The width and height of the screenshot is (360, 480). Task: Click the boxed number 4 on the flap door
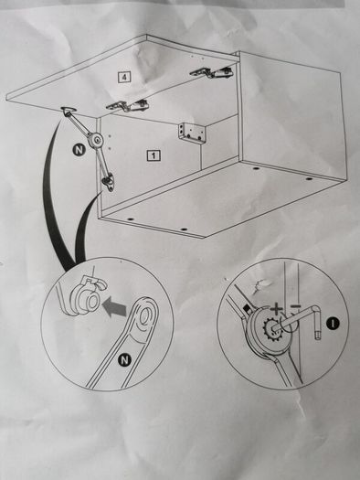click(x=124, y=77)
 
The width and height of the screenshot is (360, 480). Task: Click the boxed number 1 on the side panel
click(x=154, y=155)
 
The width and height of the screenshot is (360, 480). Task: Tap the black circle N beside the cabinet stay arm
click(x=79, y=150)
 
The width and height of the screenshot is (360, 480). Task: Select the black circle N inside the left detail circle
click(x=124, y=360)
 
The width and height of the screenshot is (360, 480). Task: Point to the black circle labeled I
click(x=333, y=324)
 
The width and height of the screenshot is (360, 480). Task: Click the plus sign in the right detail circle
click(x=276, y=309)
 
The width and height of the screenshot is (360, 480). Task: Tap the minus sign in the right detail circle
click(x=295, y=306)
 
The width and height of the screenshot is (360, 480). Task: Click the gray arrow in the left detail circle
click(x=114, y=307)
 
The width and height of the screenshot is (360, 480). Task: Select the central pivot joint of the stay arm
click(x=97, y=140)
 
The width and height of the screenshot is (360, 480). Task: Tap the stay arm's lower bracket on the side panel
click(x=108, y=181)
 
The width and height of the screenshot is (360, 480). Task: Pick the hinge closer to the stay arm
click(x=128, y=106)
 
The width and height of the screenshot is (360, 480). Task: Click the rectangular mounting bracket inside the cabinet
click(x=192, y=132)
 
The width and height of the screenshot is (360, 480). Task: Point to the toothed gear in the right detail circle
click(x=269, y=326)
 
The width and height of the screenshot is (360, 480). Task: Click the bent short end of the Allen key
click(x=317, y=325)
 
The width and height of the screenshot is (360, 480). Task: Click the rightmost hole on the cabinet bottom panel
click(x=309, y=178)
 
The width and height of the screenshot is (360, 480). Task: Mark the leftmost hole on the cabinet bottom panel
click(x=131, y=219)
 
